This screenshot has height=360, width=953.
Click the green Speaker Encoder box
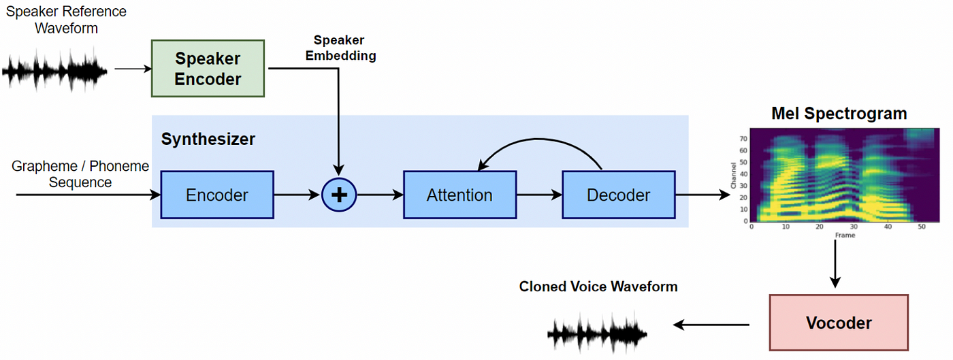click(208, 69)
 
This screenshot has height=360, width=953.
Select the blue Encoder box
click(217, 195)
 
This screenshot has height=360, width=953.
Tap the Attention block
click(459, 195)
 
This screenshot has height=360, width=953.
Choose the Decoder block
click(618, 195)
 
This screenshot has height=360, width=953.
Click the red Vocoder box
click(839, 323)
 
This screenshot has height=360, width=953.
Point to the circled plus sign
click(338, 195)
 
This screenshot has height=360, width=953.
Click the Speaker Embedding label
click(340, 49)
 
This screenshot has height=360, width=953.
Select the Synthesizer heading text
click(208, 140)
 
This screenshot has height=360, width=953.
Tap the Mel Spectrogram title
click(839, 114)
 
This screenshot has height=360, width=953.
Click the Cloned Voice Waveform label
click(598, 287)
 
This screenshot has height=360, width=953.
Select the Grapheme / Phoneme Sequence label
click(80, 174)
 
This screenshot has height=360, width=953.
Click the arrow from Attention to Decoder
click(538, 195)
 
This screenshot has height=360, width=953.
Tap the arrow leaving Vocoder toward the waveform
click(711, 325)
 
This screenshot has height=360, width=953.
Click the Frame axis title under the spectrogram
click(845, 235)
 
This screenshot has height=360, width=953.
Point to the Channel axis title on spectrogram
click(733, 175)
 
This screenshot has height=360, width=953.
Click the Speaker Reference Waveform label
click(66, 20)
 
